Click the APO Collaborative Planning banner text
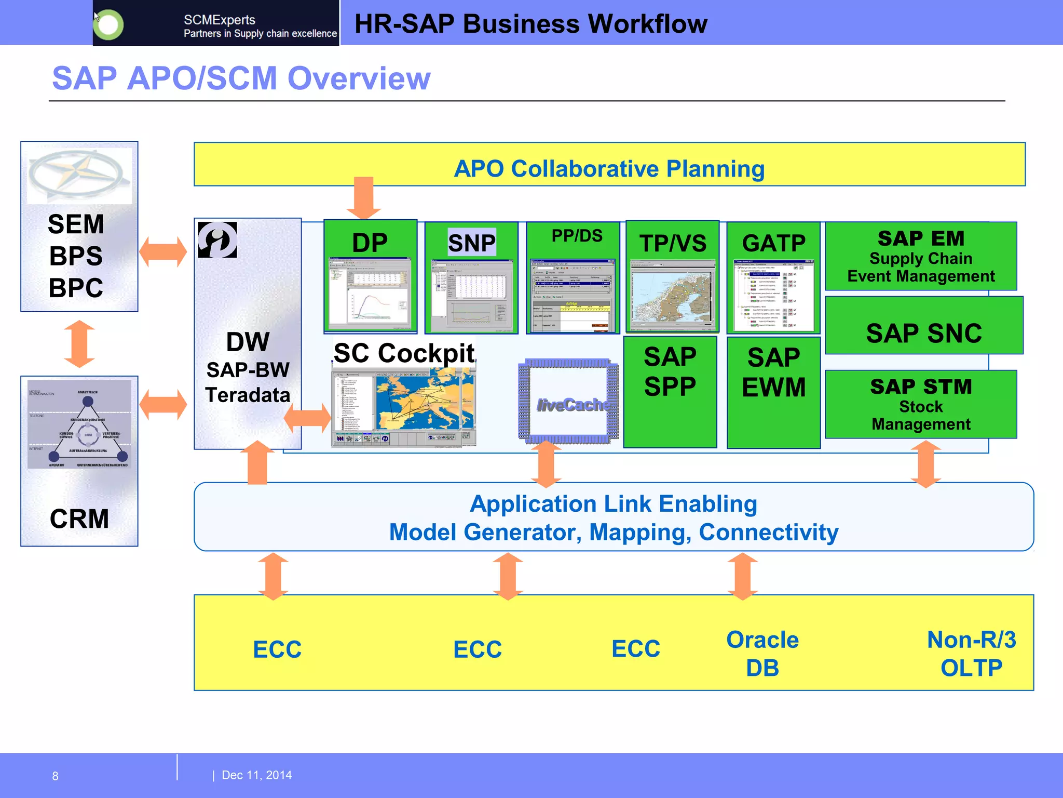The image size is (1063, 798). pyautogui.click(x=609, y=169)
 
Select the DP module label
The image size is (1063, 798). pyautogui.click(x=370, y=243)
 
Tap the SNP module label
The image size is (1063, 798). pyautogui.click(x=471, y=243)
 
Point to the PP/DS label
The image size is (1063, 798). pyautogui.click(x=577, y=236)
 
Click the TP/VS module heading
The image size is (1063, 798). pyautogui.click(x=673, y=243)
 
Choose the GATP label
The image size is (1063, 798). pyautogui.click(x=773, y=243)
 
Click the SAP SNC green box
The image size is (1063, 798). pyautogui.click(x=923, y=332)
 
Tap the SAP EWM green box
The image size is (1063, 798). pyautogui.click(x=773, y=392)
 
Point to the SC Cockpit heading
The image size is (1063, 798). pyautogui.click(x=404, y=353)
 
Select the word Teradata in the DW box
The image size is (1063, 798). pyautogui.click(x=248, y=395)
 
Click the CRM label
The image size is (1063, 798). pyautogui.click(x=79, y=518)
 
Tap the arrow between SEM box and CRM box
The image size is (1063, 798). pyautogui.click(x=79, y=343)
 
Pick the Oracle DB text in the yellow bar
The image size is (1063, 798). pyautogui.click(x=762, y=654)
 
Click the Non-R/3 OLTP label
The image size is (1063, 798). pyautogui.click(x=971, y=654)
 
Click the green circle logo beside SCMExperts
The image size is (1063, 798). pyautogui.click(x=108, y=24)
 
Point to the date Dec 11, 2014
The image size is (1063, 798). pyautogui.click(x=256, y=775)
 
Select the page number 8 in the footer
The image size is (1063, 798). pyautogui.click(x=55, y=776)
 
